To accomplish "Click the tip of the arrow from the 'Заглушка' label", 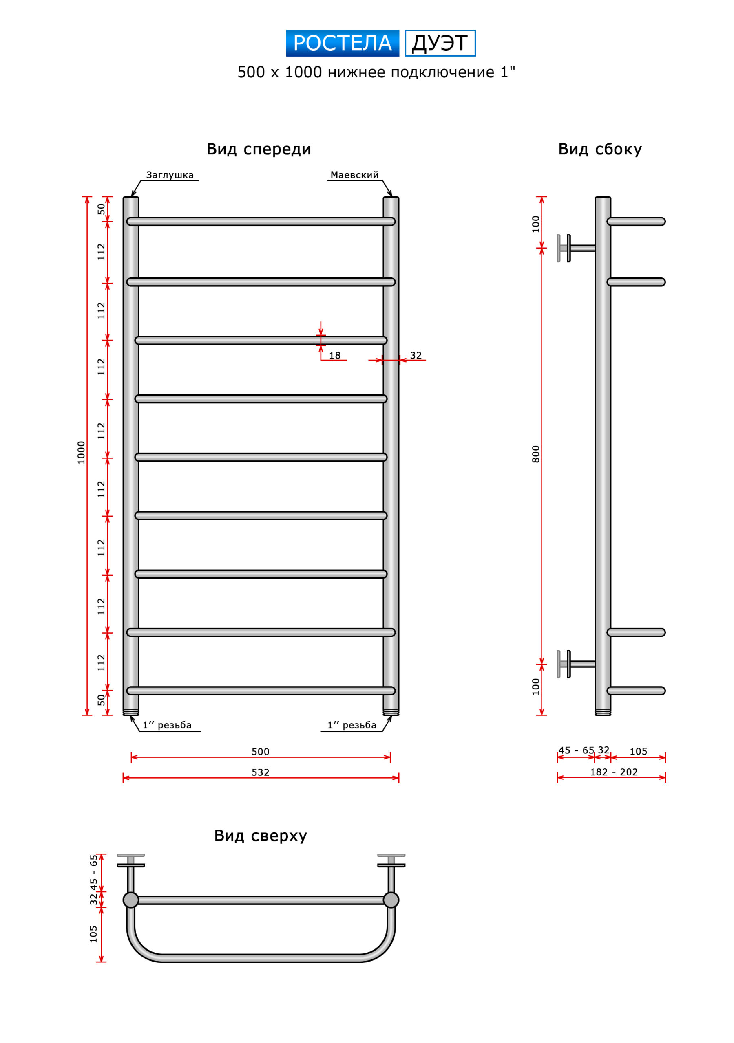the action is coord(131,197).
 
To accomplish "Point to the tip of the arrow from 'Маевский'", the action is coord(391,197).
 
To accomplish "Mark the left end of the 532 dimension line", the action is coord(123,778).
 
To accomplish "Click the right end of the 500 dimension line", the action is coord(390,757).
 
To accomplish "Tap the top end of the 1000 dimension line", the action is coord(87,197).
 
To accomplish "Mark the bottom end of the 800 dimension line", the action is coord(542,664).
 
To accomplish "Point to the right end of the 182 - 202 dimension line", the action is coord(665,777).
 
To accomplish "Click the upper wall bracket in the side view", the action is coord(576,249).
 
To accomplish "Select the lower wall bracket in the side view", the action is coord(576,664).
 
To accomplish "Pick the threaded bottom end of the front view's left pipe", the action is coord(131,712).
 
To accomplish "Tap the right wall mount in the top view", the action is coord(391,873).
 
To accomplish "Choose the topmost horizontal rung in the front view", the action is coord(261,222).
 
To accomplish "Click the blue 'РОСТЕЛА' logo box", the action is coord(343,43).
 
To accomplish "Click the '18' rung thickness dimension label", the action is coord(335,356).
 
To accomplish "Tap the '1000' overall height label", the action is coord(82,453).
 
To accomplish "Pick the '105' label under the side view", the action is coord(638,751).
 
